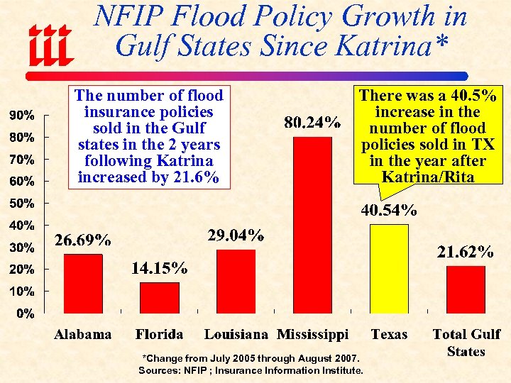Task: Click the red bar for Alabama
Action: point(83,283)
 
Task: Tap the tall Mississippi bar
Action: point(312,224)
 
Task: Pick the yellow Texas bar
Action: point(389,268)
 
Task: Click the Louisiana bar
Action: point(236,281)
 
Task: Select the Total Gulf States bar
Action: point(466,289)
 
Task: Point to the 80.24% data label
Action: point(312,123)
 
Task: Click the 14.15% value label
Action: point(160,268)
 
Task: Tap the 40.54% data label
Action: point(389,210)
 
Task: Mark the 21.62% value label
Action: point(466,252)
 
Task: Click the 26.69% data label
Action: point(83,240)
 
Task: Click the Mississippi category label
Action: point(312,334)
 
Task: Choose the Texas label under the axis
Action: point(389,334)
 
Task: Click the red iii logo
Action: point(50,44)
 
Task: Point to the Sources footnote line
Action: point(251,370)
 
